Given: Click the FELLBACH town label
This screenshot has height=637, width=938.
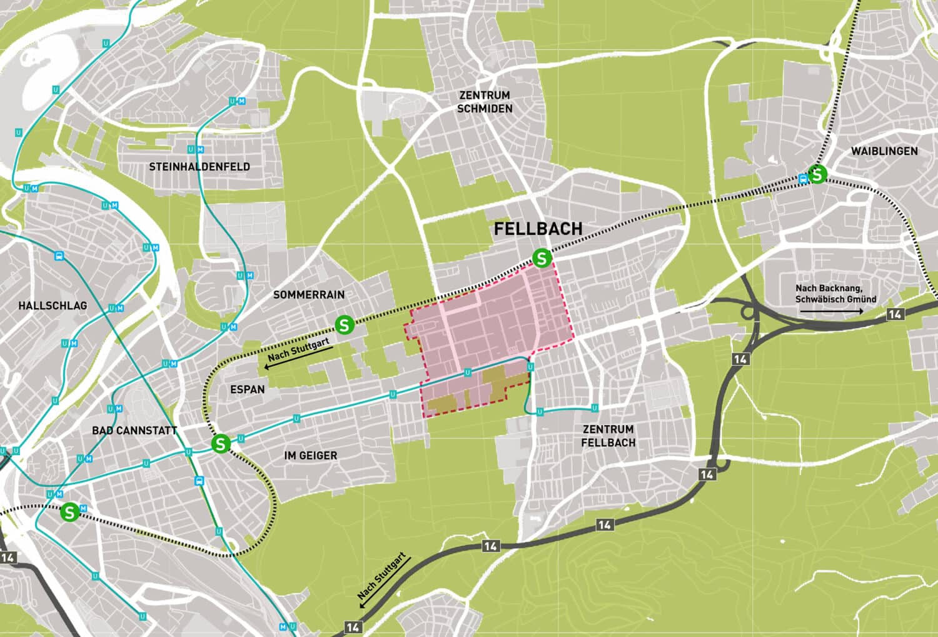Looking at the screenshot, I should tap(538, 229).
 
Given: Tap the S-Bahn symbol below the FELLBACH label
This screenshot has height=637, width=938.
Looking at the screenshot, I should tap(542, 258).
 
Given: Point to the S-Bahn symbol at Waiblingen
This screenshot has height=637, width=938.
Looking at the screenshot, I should tap(817, 174).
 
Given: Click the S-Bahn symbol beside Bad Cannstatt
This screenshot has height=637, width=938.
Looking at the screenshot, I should tap(220, 444).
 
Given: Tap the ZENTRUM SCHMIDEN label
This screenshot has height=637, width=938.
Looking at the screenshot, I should tap(485, 102).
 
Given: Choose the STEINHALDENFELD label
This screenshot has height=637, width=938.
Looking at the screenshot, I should tap(199, 167).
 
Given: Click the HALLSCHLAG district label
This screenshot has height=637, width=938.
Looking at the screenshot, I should tap(53, 306).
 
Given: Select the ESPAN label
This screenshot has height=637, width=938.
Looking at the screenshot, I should tap(247, 389).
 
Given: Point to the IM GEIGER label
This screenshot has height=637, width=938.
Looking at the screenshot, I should tap(310, 456).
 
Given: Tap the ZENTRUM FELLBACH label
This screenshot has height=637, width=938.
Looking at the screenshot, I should tap(608, 436).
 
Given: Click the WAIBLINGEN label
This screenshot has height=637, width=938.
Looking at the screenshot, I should tap(884, 151).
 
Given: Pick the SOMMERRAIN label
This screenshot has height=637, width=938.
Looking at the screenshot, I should tap(308, 294).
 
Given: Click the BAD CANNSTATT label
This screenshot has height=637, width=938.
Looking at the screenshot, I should tap(134, 431).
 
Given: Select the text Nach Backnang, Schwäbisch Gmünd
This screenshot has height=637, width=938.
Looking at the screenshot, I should tap(835, 294).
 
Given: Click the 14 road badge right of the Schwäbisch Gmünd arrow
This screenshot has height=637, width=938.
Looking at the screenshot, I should tap(894, 314).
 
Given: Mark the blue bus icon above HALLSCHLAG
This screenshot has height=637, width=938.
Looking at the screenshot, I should tap(59, 255).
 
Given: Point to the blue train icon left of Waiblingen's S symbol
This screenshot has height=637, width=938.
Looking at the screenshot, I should tap(803, 178).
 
